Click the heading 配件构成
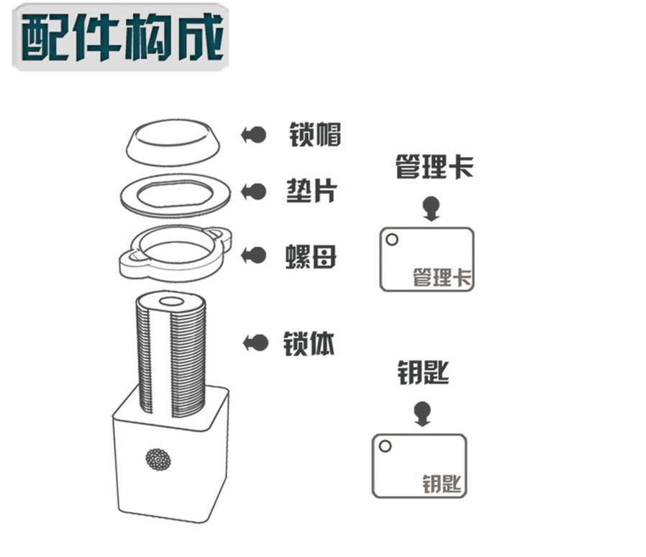122,37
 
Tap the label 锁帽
315,135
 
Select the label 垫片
312,191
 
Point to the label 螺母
311,256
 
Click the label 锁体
309,343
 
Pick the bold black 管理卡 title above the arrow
435,167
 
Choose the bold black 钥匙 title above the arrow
423,373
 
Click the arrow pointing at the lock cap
254,135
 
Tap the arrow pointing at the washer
254,191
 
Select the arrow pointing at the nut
254,255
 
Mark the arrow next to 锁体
255,343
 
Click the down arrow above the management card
432,209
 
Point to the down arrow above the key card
422,414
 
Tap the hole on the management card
392,239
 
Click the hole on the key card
385,445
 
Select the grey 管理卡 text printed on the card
442,277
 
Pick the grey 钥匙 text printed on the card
442,484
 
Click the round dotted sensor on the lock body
158,459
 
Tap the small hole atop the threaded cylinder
171,302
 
